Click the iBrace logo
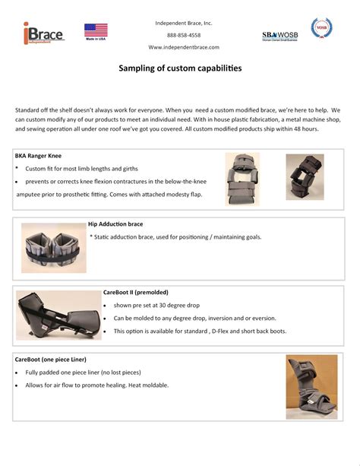[44, 33]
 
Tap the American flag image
[96, 32]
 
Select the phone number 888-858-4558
[184, 35]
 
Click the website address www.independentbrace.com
[184, 47]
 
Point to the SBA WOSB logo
[279, 36]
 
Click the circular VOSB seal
[321, 27]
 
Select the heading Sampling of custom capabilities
[180, 68]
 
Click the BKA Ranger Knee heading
[38, 156]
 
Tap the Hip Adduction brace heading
[115, 224]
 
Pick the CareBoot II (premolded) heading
[136, 293]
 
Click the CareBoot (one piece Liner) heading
[50, 360]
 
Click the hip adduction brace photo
[54, 248]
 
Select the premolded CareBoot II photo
[58, 315]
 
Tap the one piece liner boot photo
[311, 387]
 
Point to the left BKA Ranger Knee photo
[242, 179]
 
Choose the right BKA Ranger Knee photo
[305, 177]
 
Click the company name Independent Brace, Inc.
[184, 23]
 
